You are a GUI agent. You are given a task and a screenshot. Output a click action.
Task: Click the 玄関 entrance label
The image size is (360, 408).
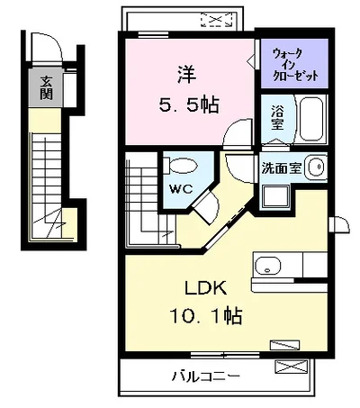[x=46, y=87]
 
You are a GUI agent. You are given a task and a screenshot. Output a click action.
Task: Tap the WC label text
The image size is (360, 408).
[x=181, y=189]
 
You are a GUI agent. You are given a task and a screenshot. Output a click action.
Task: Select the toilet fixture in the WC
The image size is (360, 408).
[x=181, y=166]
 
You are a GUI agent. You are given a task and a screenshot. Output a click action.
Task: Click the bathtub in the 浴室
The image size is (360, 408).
[x=311, y=119]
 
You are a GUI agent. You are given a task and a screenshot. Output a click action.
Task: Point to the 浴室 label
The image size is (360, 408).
[x=277, y=117]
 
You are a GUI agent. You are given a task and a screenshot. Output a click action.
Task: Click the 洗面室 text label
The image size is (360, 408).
[x=281, y=168]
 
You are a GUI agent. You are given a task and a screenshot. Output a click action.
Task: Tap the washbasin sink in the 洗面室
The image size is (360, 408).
[x=316, y=166]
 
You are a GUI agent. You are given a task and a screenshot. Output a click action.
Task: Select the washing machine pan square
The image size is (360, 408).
[x=275, y=196]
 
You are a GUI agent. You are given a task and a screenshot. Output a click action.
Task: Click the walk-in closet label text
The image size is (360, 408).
[x=295, y=64]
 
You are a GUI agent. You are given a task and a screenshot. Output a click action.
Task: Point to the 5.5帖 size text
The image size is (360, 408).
[x=189, y=104]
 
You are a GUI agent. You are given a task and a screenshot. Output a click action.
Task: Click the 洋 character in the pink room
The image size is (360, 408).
[x=187, y=75]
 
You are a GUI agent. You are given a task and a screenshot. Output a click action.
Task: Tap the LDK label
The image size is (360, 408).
[x=205, y=288]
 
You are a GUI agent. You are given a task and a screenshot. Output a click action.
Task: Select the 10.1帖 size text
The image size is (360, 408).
[x=206, y=315]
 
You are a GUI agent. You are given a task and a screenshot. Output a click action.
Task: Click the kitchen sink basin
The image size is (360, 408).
[x=268, y=266]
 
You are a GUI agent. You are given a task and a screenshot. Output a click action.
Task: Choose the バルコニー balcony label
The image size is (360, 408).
[x=206, y=376]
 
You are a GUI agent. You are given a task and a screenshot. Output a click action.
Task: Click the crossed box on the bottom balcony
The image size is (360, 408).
[x=291, y=367]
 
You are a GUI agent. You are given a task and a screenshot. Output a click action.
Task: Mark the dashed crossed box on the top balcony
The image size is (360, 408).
[x=217, y=20]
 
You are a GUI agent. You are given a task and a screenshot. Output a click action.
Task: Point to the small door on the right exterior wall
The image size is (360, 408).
[x=339, y=224]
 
